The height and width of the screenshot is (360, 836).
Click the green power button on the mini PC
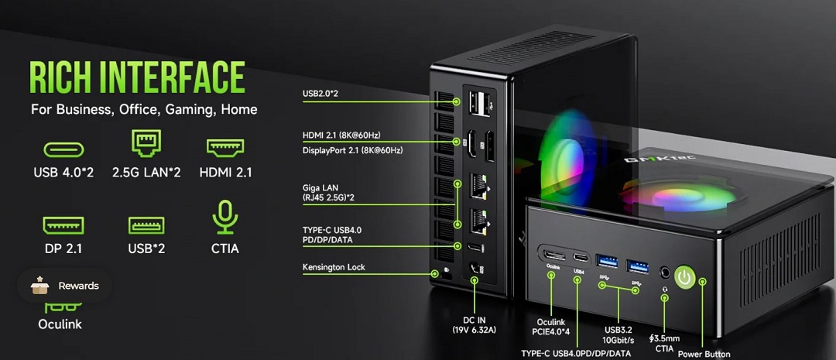coord(685,277)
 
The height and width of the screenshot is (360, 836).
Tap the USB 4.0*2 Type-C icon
coord(64,150)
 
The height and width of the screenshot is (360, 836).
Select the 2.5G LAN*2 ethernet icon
coord(146,143)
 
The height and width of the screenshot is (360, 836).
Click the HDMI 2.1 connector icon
coord(225,148)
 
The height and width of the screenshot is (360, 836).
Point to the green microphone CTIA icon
coord(225,217)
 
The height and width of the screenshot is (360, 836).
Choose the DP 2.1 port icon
coord(63,225)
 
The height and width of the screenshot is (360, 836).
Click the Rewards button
coord(65,286)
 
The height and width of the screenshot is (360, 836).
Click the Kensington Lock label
coord(334,267)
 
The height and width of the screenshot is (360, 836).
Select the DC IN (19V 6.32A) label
coord(474,325)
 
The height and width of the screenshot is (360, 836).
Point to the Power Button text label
coord(704,354)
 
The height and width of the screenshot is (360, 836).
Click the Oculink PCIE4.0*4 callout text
coord(551,327)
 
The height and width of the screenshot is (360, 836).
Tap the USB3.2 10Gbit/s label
coord(618,335)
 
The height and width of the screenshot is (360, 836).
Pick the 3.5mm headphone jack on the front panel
coord(664,272)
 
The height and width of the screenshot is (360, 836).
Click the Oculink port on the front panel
coord(552,255)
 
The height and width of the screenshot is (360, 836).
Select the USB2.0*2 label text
coord(320,94)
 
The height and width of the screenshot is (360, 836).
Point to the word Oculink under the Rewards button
coord(60,324)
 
